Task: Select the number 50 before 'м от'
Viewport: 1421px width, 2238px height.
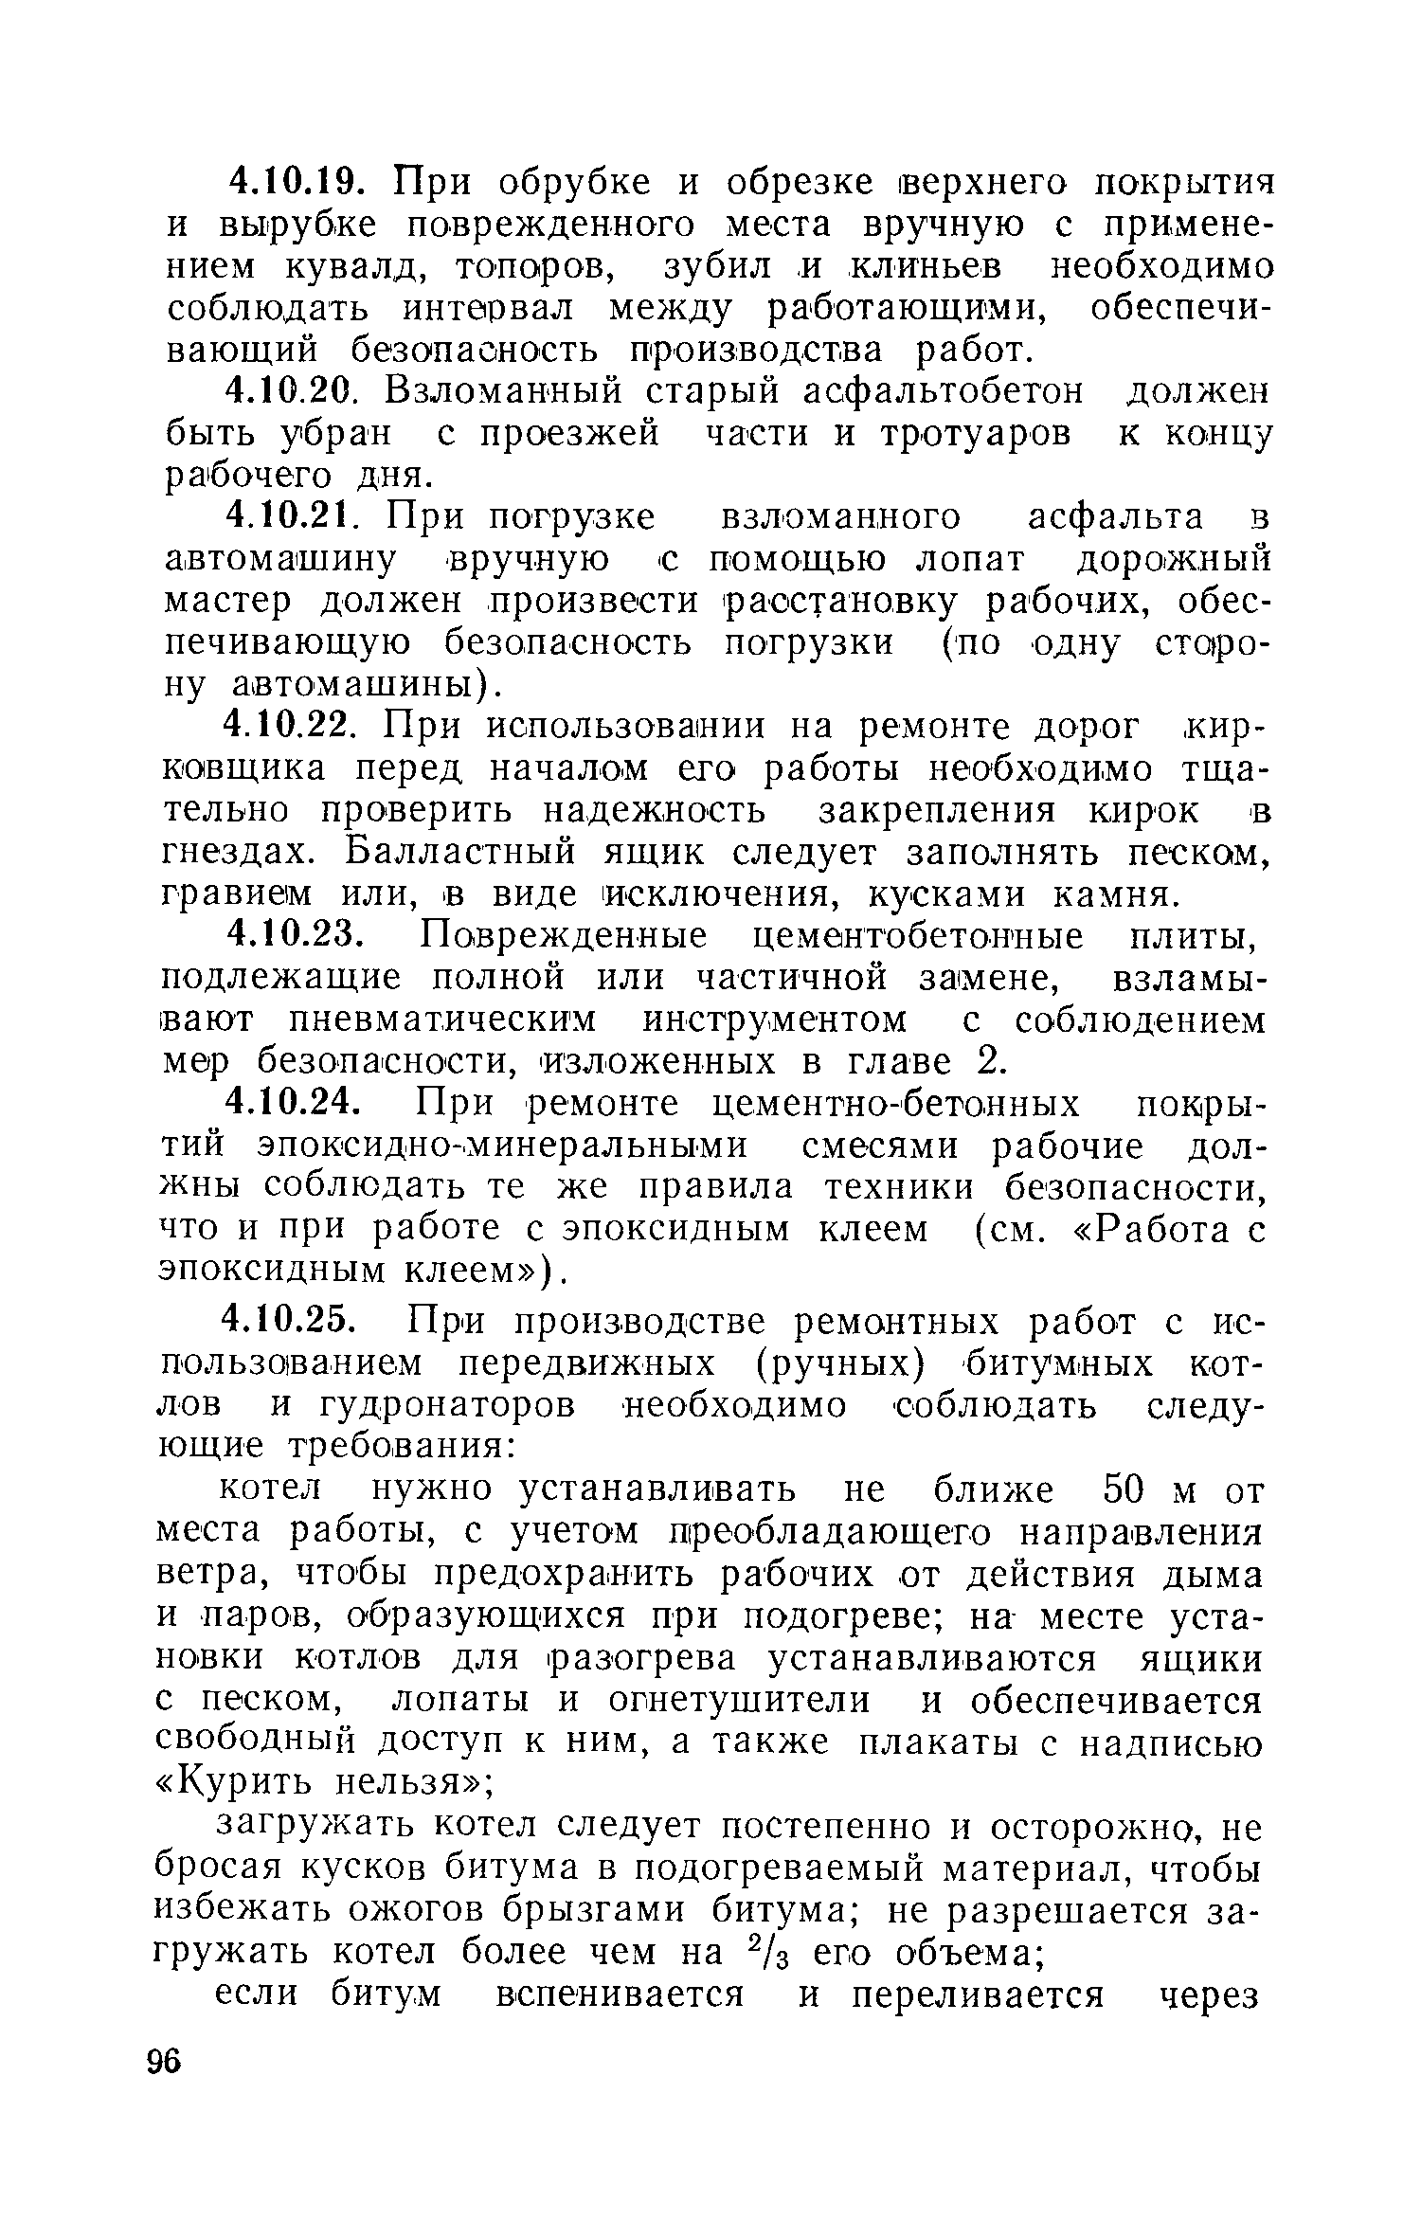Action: (x=1131, y=1491)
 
